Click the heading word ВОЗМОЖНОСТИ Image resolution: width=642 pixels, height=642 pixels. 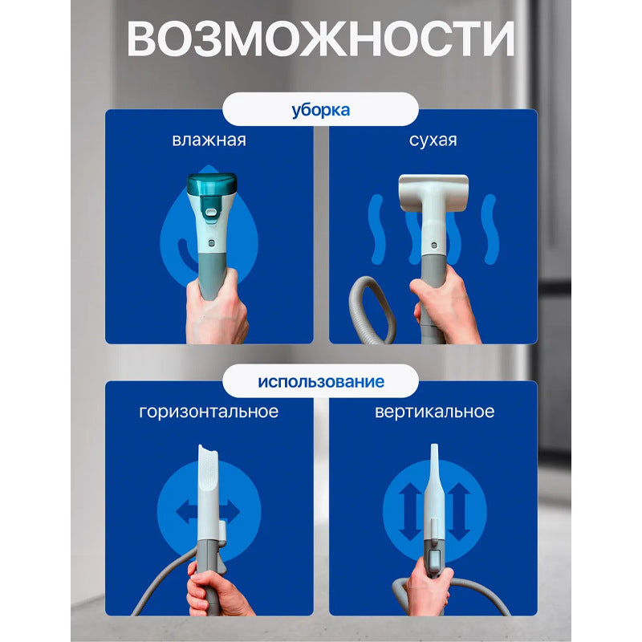[321, 39]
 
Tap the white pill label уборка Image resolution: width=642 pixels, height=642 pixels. [321, 109]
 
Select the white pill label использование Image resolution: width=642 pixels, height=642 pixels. [321, 380]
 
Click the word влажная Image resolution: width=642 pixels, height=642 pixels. [209, 140]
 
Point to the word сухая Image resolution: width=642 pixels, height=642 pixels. [433, 140]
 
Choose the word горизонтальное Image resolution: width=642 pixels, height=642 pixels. [209, 412]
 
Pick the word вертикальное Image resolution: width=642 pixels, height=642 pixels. [434, 412]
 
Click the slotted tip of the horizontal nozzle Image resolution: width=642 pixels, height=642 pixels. [209, 465]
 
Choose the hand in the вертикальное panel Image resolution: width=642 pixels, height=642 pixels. [429, 590]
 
